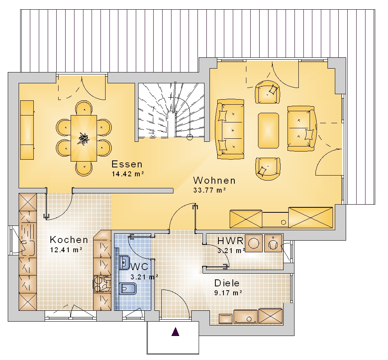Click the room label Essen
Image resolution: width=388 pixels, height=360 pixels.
[x=127, y=164]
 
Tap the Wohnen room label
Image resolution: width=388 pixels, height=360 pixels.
[x=214, y=180]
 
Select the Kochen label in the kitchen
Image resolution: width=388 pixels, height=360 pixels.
[x=69, y=239]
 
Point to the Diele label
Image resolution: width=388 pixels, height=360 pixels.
[x=227, y=283]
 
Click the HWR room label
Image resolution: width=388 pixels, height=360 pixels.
[x=230, y=241]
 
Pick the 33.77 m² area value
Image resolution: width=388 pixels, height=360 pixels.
[x=209, y=190]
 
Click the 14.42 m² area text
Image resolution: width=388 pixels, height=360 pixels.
[x=128, y=174]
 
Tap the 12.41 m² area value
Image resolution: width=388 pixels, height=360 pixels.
[x=66, y=250]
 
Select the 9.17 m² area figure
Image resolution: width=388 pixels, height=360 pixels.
[x=228, y=293]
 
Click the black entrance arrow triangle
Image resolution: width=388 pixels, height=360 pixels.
[x=175, y=332]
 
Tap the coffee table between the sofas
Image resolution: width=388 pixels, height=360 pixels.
[x=268, y=131]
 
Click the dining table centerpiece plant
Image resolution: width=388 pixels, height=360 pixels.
[x=84, y=139]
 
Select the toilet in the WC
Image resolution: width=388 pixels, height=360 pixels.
[x=127, y=289]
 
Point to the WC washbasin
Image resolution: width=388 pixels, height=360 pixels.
[x=124, y=262]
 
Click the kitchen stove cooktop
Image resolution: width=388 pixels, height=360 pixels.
[x=102, y=284]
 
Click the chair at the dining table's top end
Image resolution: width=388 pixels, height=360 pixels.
[x=84, y=108]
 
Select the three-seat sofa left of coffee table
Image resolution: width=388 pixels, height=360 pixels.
[x=230, y=129]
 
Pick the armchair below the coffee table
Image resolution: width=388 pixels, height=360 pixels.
[x=268, y=169]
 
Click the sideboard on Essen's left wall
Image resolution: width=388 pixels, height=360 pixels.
[x=27, y=130]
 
